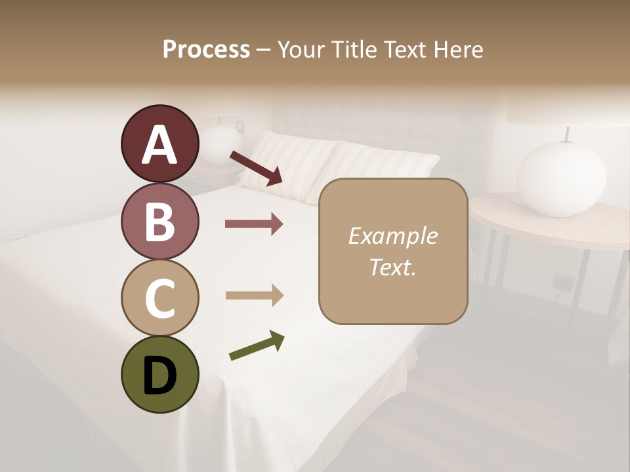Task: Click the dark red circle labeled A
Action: pos(159,144)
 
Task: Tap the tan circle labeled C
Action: pos(159,298)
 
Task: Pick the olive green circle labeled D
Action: pos(159,374)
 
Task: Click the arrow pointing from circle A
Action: pos(256,168)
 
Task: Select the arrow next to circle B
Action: pos(254,224)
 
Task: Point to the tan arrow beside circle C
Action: pos(254,295)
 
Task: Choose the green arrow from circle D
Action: pos(257,345)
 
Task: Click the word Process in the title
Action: pos(206,49)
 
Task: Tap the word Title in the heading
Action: pos(355,49)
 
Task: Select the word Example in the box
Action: pos(392,236)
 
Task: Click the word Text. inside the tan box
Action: pos(392,267)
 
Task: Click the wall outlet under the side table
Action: pos(562,282)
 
